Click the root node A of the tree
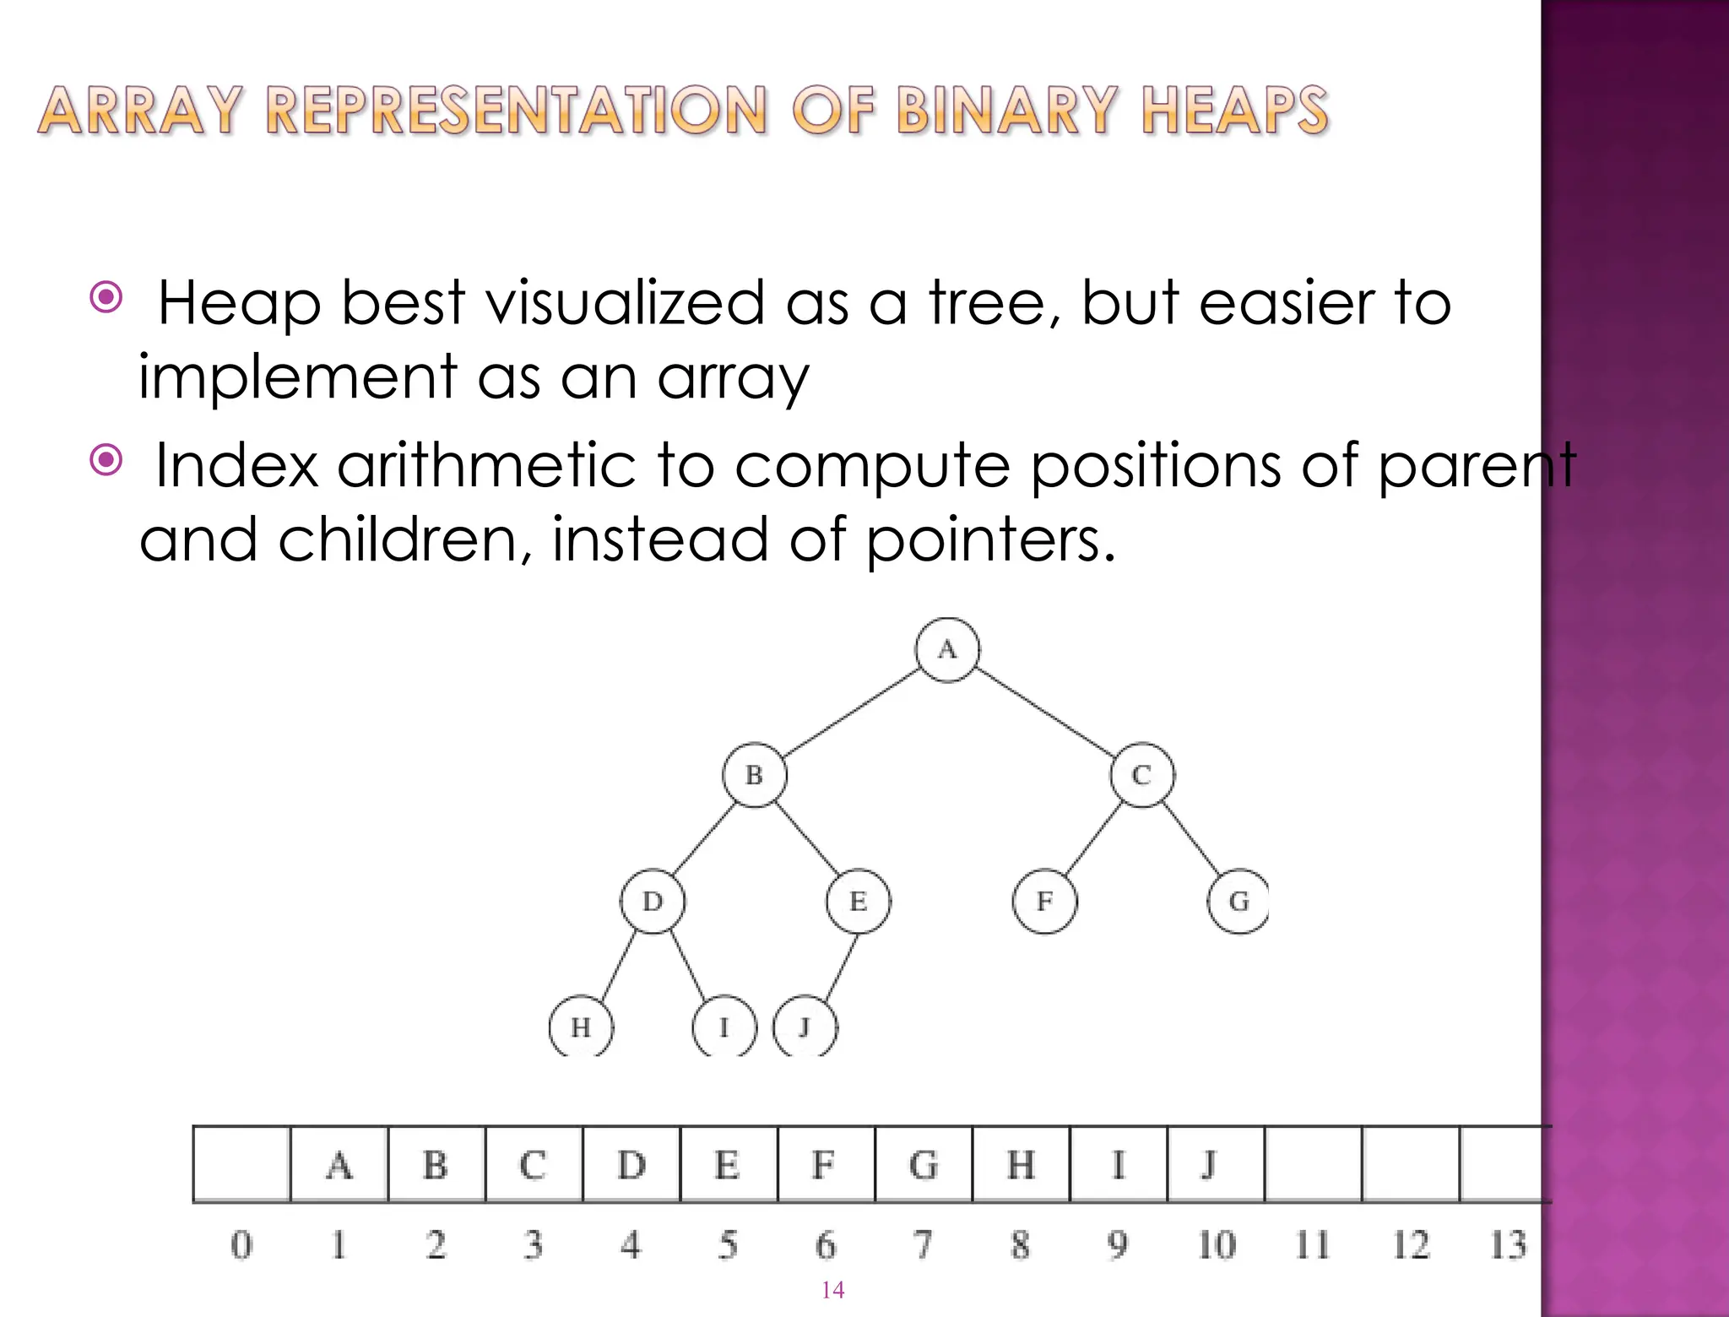(947, 649)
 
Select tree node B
(754, 775)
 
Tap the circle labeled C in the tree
(1141, 775)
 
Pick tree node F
(1044, 902)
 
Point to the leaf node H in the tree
(581, 1027)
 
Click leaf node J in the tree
(805, 1027)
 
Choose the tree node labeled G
(1238, 902)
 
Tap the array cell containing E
(728, 1165)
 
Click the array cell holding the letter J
(1215, 1165)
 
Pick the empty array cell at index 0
(241, 1165)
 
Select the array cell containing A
(339, 1165)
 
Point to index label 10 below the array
(1216, 1245)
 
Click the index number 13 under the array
(1508, 1245)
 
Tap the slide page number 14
(832, 1289)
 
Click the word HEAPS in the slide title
(1234, 111)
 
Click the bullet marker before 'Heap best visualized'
(106, 297)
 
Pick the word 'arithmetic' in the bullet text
(486, 466)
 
